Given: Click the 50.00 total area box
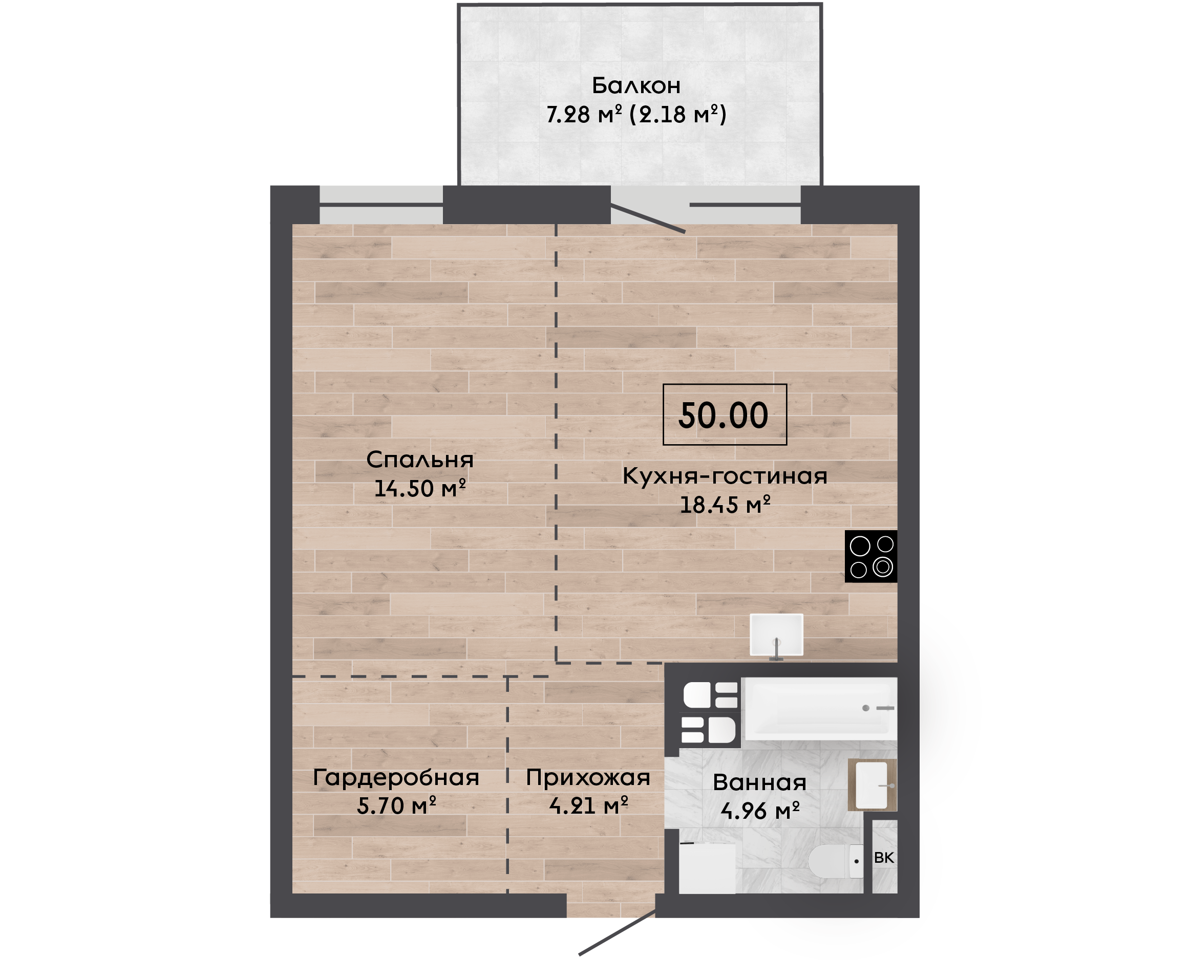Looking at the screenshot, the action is pos(725,414).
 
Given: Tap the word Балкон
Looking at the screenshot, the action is pos(636,86).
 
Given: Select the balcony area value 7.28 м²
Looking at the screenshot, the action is pos(584,115).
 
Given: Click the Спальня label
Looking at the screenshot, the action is pos(420,460).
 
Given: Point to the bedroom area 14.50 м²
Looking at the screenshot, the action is pos(420,488).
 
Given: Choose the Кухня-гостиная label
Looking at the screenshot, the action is pos(725,475).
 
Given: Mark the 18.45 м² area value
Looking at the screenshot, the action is pos(725,505).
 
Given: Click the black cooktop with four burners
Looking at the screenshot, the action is pos(871,556).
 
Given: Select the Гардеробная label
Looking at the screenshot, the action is pos(396,777).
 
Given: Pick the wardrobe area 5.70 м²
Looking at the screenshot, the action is pos(396,805).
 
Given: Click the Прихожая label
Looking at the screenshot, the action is pos(588,777).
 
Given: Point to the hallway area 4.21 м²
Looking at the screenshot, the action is pos(588,805).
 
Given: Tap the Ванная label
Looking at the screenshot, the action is pos(759,782).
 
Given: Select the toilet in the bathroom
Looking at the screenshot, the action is pos(835,861).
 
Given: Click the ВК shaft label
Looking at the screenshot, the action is pos(884,858).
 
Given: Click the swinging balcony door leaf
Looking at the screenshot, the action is pos(648,219).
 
